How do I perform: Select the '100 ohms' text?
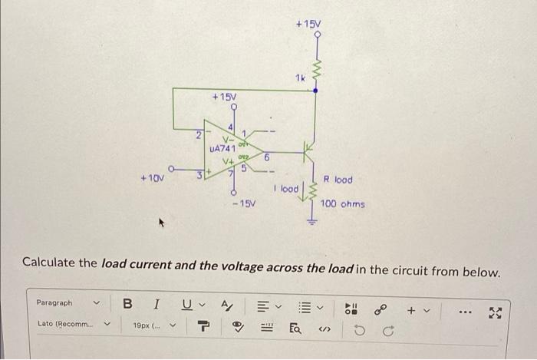(x=343, y=204)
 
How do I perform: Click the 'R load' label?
(x=338, y=180)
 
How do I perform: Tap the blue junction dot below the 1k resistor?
(x=315, y=90)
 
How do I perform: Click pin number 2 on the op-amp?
(x=198, y=135)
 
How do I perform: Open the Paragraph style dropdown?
(x=68, y=303)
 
